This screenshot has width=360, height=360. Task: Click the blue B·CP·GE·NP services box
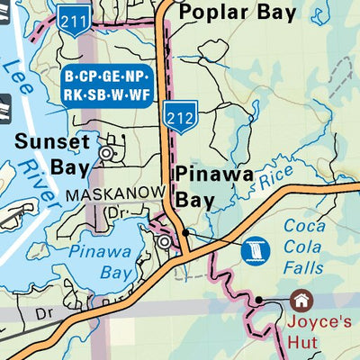coord(107,85)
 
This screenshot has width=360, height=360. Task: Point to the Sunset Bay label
coord(52,154)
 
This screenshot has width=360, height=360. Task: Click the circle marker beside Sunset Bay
coord(106,154)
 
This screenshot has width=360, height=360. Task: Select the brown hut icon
coord(299,300)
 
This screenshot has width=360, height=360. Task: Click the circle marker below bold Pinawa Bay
coord(164,242)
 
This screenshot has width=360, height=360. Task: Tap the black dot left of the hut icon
coord(258,300)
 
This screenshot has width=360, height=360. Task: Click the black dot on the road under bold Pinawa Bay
coord(185,232)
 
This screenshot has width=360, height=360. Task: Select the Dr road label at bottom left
coord(45,315)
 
